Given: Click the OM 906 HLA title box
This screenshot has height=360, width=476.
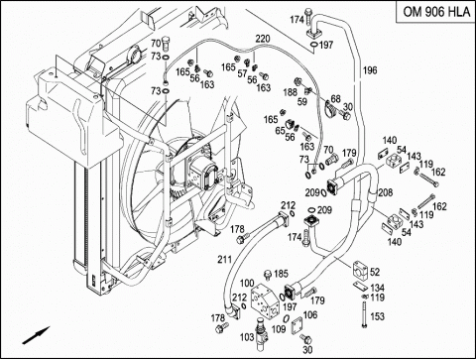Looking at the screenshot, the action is (x=436, y=12).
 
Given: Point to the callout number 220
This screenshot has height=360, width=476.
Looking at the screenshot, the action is (x=263, y=39).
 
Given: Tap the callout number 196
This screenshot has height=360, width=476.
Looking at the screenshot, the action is (x=370, y=70).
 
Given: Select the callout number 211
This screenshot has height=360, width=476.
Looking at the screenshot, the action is (x=224, y=260).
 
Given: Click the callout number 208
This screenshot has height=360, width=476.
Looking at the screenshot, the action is (x=386, y=192).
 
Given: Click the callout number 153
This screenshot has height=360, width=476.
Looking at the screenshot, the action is (x=377, y=316).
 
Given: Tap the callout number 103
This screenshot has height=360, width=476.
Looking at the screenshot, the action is (x=247, y=337).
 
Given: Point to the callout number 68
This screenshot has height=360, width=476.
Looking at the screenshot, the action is (x=335, y=98).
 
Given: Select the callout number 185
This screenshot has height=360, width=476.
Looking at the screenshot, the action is (x=282, y=274).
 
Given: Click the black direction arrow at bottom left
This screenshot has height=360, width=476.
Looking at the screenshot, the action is (x=36, y=335).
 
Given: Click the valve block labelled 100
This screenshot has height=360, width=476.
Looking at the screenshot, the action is (x=266, y=301).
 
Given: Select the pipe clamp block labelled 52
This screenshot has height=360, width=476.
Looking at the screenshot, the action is (x=360, y=270).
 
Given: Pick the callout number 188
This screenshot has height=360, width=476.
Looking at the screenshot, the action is (x=291, y=92).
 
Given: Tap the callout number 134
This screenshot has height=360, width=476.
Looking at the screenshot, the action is (x=377, y=288).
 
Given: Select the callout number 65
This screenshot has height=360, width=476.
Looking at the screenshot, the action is (x=280, y=131).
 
